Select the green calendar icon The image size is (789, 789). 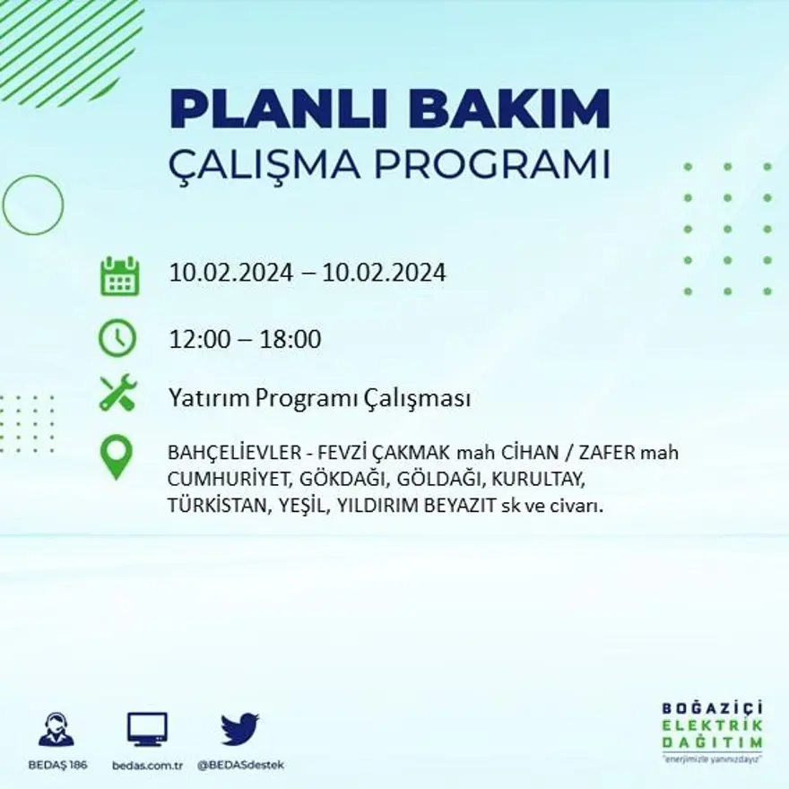pos(119,276)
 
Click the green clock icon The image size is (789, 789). pos(118,339)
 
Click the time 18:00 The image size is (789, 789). pos(290,340)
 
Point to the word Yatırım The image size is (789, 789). pos(209,399)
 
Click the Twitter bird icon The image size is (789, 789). pos(240,729)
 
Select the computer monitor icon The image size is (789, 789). pos(147,729)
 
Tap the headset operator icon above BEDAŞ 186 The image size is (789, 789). pos(56,729)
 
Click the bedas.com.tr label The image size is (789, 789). pos(148,766)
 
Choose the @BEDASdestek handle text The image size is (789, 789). pos(240,766)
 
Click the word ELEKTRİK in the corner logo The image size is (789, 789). pos(712,725)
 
